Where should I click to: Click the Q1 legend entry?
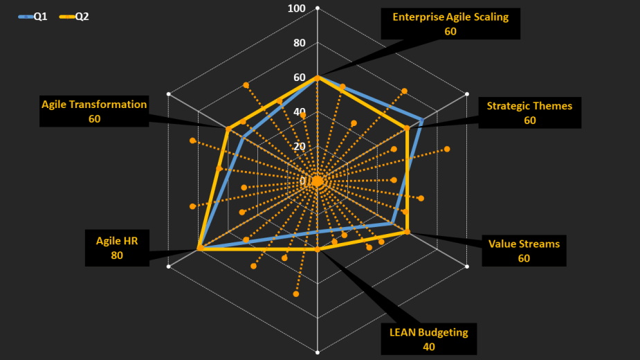click(x=33, y=16)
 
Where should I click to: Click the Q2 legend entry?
click(x=74, y=16)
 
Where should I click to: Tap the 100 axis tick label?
click(x=297, y=8)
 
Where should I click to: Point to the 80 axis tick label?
click(x=299, y=43)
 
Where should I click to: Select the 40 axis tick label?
click(x=299, y=111)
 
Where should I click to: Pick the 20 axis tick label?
click(x=299, y=146)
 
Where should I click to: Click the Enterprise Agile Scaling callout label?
click(x=450, y=24)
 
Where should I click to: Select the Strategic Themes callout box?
click(x=529, y=113)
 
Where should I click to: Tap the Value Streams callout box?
click(x=524, y=251)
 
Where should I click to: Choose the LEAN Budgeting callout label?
click(x=428, y=339)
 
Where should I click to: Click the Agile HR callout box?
click(x=116, y=248)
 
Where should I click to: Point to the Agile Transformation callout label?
click(x=94, y=111)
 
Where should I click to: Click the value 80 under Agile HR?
click(x=116, y=255)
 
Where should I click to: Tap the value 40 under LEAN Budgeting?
click(x=428, y=346)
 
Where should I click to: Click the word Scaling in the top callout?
click(x=488, y=17)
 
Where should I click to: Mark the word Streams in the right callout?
click(x=542, y=244)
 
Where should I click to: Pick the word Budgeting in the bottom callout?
click(x=444, y=332)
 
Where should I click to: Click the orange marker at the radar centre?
click(x=318, y=181)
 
